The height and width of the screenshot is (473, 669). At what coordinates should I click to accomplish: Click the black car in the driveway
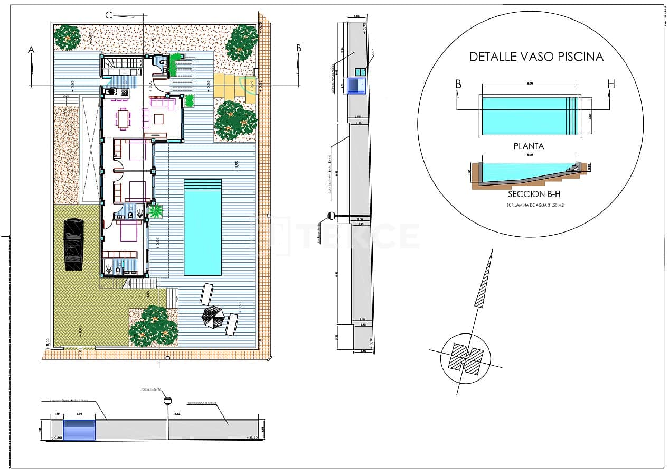(73, 245)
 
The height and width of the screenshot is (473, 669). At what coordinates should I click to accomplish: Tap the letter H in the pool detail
(611, 84)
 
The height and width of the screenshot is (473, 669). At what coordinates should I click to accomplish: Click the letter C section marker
(109, 15)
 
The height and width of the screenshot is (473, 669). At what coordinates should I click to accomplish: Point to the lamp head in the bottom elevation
(168, 401)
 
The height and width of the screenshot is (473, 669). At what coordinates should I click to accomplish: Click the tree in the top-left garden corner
(67, 37)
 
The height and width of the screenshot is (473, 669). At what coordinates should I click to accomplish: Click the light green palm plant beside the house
(156, 212)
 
